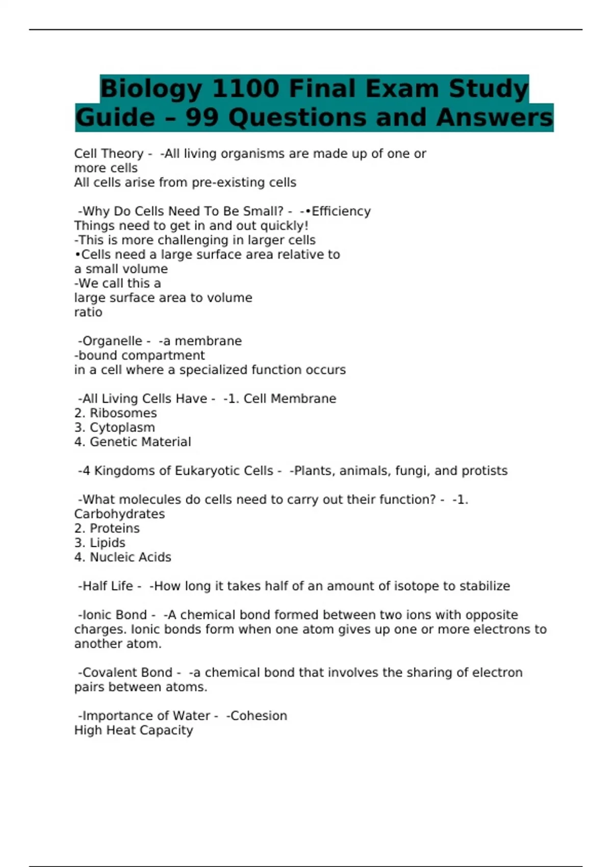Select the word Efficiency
click(341, 211)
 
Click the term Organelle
click(112, 341)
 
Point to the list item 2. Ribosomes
click(116, 413)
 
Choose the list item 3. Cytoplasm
click(115, 427)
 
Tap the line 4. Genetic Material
click(133, 442)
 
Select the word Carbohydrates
click(119, 514)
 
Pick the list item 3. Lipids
click(100, 543)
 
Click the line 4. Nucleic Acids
click(123, 557)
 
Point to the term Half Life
click(108, 586)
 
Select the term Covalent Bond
click(127, 673)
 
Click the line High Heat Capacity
click(134, 730)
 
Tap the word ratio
click(88, 312)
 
